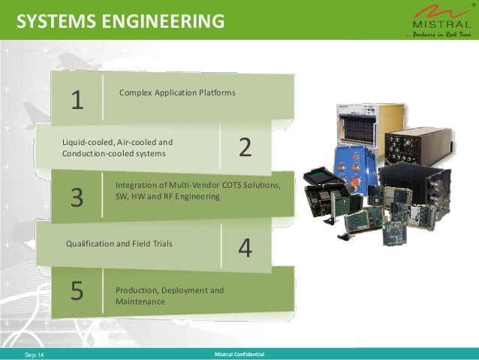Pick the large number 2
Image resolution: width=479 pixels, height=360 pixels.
pos(245,148)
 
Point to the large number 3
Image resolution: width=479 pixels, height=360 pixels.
pos(77,198)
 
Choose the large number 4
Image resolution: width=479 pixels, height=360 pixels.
pos(245,247)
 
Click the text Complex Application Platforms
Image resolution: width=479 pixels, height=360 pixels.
pos(177,92)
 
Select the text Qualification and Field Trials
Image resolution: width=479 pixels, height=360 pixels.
pos(119,244)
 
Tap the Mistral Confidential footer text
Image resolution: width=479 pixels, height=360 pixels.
pos(239,353)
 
